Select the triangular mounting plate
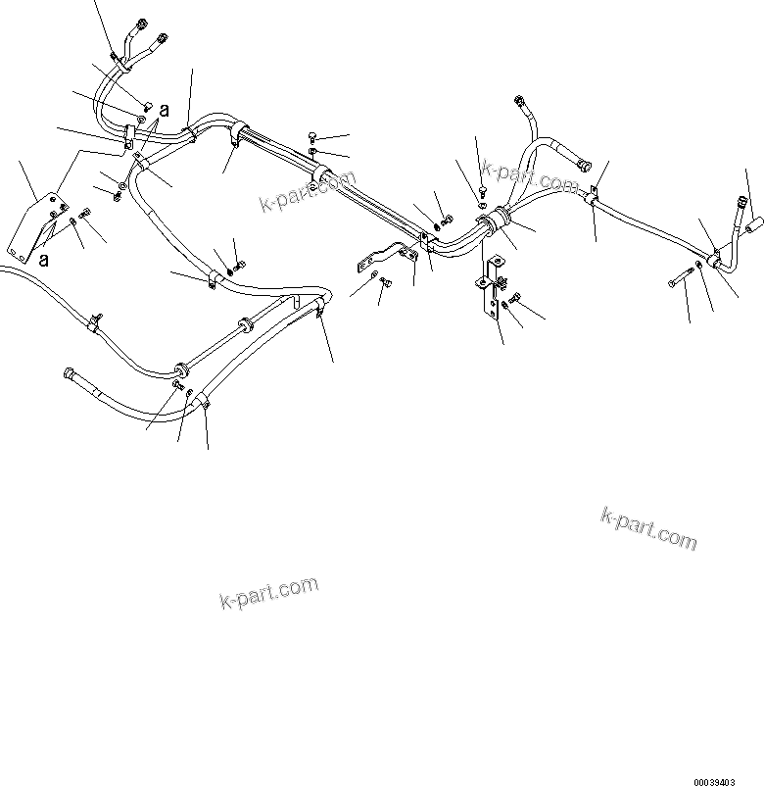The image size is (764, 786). [x=39, y=229]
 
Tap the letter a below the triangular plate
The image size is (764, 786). [x=43, y=260]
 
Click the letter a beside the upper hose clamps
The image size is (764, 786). [x=166, y=112]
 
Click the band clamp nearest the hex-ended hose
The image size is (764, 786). [x=181, y=369]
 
